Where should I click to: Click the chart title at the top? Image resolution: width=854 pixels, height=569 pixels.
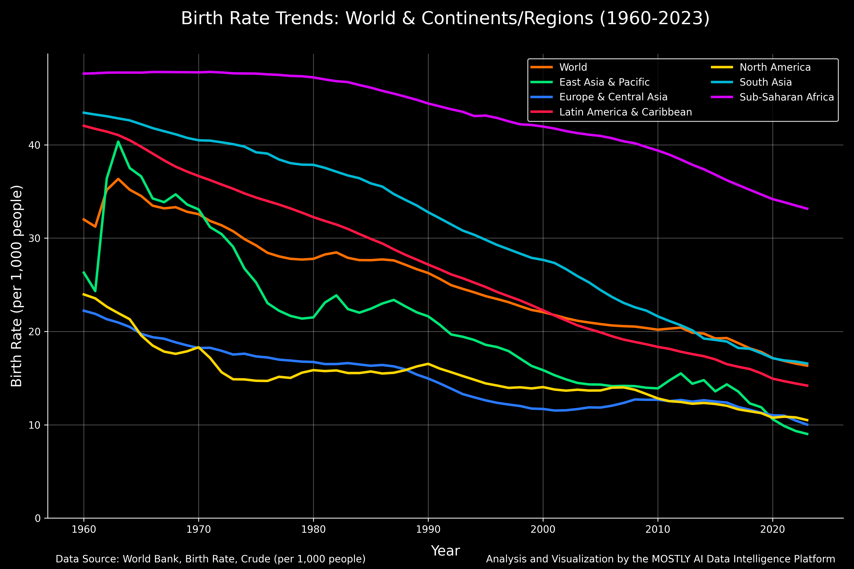click(445, 18)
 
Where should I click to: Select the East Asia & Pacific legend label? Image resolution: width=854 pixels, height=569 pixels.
click(604, 82)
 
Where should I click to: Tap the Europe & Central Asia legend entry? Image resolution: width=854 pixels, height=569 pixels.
click(613, 97)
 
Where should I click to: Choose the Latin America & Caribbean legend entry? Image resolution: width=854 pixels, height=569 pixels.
click(626, 112)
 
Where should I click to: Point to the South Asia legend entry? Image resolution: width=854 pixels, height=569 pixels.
click(766, 82)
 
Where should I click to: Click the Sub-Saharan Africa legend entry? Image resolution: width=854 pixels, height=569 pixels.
click(786, 97)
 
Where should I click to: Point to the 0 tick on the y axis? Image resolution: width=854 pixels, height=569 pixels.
click(38, 518)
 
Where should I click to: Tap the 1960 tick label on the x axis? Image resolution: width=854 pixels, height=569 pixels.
click(84, 529)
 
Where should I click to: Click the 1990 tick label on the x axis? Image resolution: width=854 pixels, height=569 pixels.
click(428, 529)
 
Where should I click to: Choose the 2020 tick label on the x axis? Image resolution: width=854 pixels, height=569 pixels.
click(772, 529)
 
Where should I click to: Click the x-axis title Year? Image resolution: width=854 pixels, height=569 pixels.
click(445, 551)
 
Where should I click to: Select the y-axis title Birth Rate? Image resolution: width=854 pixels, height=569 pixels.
click(17, 286)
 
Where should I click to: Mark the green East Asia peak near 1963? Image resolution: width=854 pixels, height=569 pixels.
click(118, 142)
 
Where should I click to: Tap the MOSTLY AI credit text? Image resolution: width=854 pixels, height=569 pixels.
click(660, 559)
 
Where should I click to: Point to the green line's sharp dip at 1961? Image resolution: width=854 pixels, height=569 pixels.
click(95, 291)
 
